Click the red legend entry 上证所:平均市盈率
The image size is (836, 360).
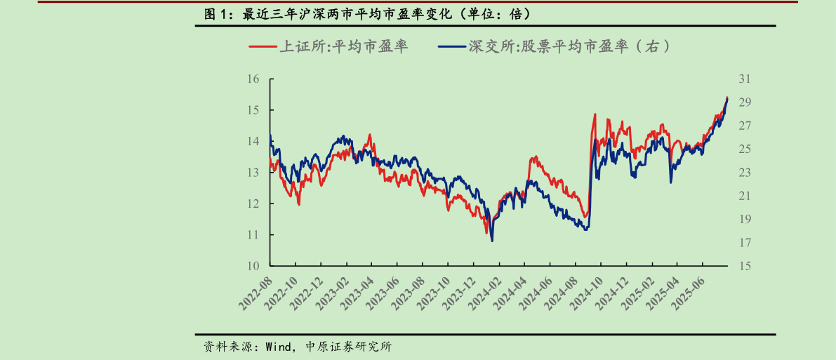pyautogui.click(x=329, y=47)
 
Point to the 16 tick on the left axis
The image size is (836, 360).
pyautogui.click(x=254, y=79)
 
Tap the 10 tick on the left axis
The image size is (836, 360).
pyautogui.click(x=254, y=266)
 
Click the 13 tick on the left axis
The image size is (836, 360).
pyautogui.click(x=254, y=173)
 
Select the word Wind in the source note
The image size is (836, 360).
pyautogui.click(x=279, y=347)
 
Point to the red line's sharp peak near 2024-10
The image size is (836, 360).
pyautogui.click(x=595, y=114)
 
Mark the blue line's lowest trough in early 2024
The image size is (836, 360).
pyautogui.click(x=492, y=241)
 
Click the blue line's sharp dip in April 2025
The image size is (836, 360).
pyautogui.click(x=670, y=182)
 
